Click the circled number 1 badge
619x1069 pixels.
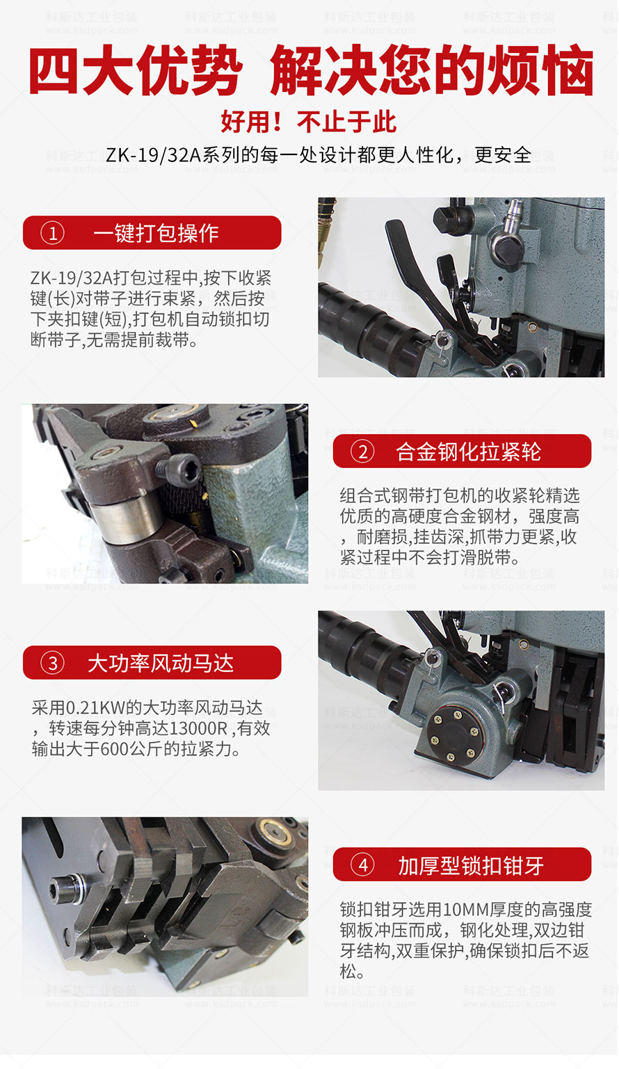click(52, 234)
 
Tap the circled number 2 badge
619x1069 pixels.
click(363, 451)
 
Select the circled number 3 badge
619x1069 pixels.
click(52, 663)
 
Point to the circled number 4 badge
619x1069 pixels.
click(363, 865)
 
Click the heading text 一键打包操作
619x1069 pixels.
click(156, 234)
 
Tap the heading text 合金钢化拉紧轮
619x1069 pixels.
click(468, 451)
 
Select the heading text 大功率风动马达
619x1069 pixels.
click(161, 663)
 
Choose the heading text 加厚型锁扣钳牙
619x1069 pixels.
click(471, 865)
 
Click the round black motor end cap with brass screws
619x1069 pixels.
click(454, 734)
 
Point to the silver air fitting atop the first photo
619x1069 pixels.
click(512, 217)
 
